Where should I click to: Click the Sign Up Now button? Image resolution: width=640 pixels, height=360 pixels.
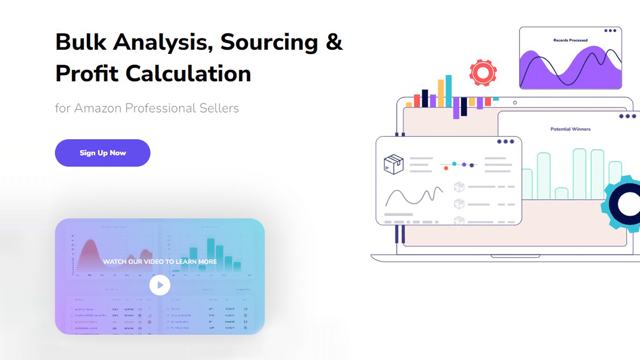pos(102,153)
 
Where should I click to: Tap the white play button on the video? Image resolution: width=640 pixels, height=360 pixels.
pos(159,285)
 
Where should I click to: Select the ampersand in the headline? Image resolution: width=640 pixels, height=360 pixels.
pos(334,42)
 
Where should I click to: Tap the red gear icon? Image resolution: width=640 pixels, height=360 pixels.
pos(483,72)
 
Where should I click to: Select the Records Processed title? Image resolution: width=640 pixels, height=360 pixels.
pos(570,41)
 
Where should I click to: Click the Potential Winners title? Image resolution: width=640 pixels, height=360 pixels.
pos(570,129)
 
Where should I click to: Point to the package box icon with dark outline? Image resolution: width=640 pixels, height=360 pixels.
pos(394,164)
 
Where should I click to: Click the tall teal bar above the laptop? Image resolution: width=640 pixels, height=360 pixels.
pos(448,91)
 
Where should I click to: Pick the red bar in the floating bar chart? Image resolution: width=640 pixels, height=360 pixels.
pos(417,100)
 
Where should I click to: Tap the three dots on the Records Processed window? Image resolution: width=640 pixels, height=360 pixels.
pos(610,30)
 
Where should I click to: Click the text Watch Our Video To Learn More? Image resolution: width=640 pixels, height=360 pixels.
pos(159,262)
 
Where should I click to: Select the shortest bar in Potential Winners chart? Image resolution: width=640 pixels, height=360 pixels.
pos(561,193)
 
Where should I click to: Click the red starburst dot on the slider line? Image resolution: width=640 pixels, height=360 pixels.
pos(446,168)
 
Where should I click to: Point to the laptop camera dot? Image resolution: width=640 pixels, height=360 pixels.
pos(515,102)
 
